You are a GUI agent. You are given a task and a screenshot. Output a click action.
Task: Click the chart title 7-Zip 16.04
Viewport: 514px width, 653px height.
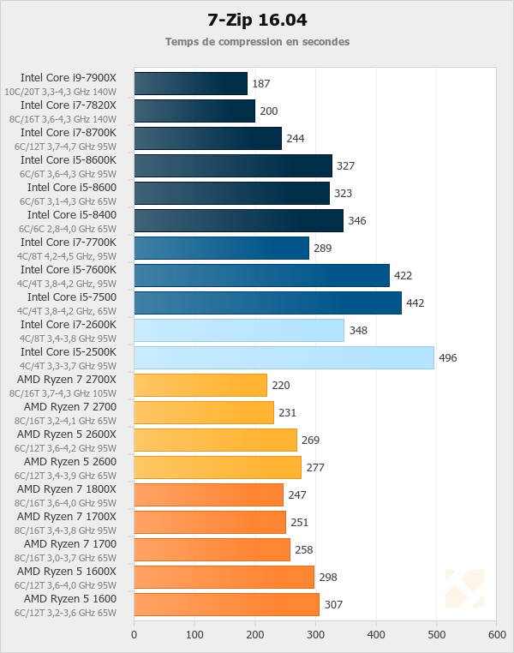[x=257, y=19]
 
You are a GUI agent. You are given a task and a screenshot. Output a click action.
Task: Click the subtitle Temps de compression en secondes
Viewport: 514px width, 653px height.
[x=257, y=41]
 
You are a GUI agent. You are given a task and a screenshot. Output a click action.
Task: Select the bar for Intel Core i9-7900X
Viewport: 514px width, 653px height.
[x=190, y=83]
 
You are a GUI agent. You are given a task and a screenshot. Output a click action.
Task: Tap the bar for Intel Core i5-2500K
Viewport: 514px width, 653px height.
[x=284, y=357]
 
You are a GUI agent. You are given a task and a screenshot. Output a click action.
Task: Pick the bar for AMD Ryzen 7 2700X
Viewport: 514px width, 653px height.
[x=200, y=385]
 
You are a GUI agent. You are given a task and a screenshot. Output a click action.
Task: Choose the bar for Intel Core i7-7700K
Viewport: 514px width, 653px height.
[x=221, y=248]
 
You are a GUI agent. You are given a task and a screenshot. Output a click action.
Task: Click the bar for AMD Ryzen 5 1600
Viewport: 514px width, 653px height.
[x=226, y=604]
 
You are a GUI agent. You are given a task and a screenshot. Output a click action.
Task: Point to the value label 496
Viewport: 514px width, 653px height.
[x=448, y=358]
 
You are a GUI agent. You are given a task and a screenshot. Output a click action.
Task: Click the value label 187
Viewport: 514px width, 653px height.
[x=261, y=84]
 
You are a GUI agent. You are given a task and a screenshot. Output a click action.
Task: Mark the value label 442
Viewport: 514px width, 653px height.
[x=415, y=303]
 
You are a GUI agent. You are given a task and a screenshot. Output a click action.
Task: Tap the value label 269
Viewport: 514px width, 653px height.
[x=310, y=440]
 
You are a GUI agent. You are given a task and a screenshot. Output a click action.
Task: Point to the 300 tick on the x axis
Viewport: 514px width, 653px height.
[x=315, y=635]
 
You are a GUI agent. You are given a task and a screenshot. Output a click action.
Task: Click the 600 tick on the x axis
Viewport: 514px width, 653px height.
[x=497, y=635]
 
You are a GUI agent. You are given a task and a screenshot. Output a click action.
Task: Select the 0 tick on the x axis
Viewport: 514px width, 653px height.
[x=134, y=635]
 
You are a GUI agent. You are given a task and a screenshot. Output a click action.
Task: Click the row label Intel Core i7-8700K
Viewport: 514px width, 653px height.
[x=68, y=132]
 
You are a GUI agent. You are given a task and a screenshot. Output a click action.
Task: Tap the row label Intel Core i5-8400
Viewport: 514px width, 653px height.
[x=71, y=214]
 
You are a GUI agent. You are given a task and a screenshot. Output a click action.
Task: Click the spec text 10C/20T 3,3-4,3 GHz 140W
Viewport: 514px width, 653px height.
[x=60, y=92]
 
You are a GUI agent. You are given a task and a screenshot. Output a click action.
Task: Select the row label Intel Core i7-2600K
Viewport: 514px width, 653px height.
[x=68, y=324]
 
